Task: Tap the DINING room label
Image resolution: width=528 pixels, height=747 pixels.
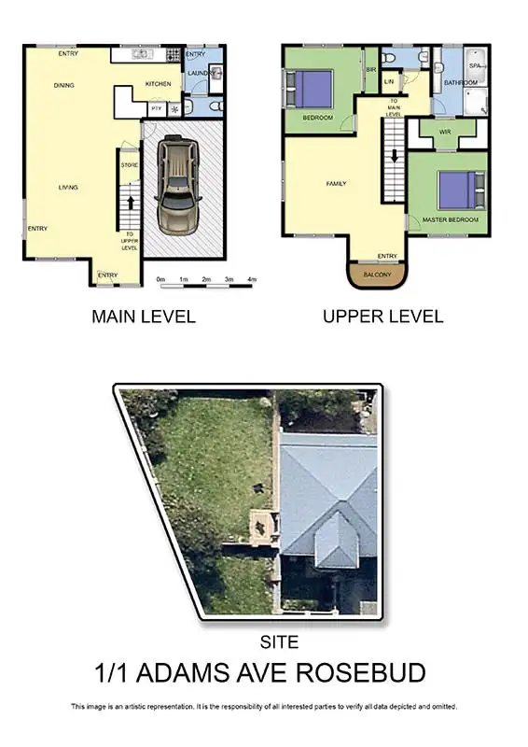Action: pyautogui.click(x=63, y=86)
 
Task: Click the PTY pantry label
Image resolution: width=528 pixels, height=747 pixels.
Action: pyautogui.click(x=157, y=108)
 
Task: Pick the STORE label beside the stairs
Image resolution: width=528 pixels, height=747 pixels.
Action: pyautogui.click(x=129, y=165)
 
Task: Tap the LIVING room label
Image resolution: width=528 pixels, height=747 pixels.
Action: pyautogui.click(x=68, y=188)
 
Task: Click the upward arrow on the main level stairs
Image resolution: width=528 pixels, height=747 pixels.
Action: pyautogui.click(x=130, y=200)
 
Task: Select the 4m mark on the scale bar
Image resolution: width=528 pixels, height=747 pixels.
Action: pyautogui.click(x=252, y=279)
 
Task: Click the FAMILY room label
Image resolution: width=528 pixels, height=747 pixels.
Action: pyautogui.click(x=336, y=184)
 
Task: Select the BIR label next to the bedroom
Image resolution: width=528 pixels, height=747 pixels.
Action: pyautogui.click(x=370, y=70)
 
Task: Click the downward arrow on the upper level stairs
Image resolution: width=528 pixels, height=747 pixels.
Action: pyautogui.click(x=395, y=154)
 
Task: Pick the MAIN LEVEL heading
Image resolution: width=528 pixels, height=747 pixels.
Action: pyautogui.click(x=144, y=317)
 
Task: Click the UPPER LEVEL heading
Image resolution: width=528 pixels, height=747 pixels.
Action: pyautogui.click(x=382, y=317)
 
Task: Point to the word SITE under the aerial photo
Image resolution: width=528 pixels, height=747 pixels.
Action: pyautogui.click(x=281, y=642)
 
